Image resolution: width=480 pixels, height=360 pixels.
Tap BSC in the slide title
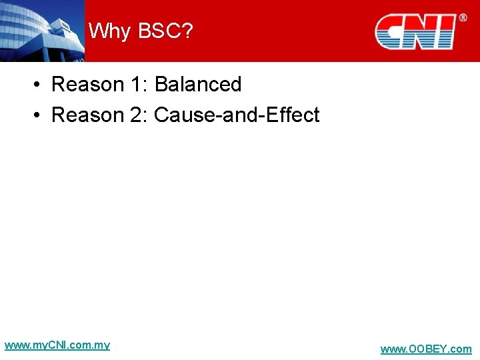pyautogui.click(x=155, y=31)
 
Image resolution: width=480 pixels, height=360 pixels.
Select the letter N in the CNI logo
pyautogui.click(x=423, y=33)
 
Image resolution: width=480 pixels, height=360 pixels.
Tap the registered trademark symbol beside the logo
pyautogui.click(x=463, y=18)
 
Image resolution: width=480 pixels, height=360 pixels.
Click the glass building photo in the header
pyautogui.click(x=41, y=31)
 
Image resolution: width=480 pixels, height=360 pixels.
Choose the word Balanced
pyautogui.click(x=197, y=85)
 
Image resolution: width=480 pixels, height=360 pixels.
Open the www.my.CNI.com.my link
pyautogui.click(x=57, y=345)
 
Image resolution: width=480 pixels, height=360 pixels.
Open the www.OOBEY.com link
pyautogui.click(x=425, y=349)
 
